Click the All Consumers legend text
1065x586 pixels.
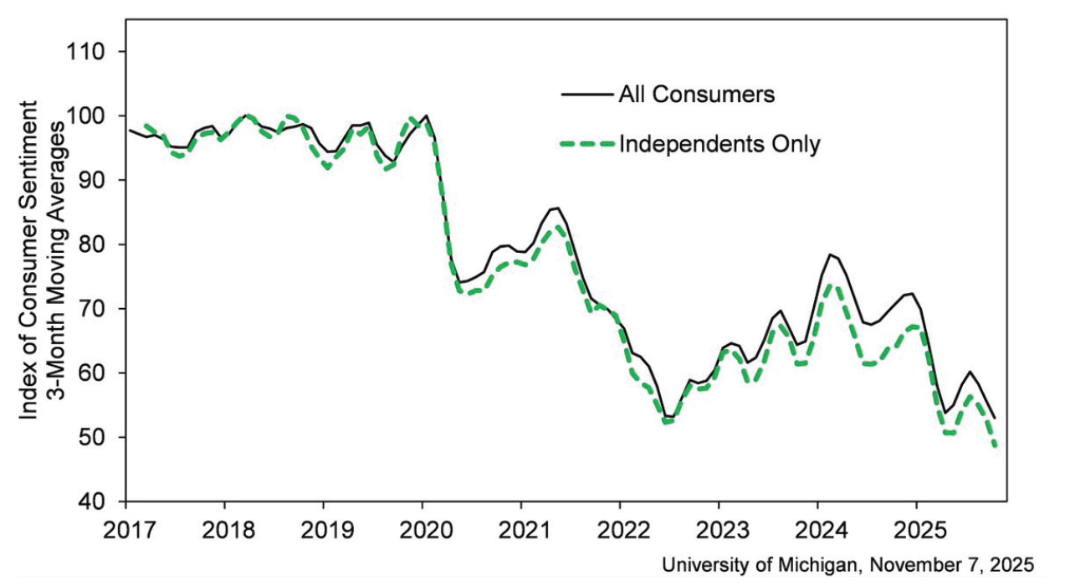pos(696,94)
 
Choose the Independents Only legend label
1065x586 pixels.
pos(719,144)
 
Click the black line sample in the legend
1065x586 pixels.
pos(585,94)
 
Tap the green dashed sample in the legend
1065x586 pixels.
pos(585,144)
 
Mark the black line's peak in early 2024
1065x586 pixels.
pos(830,254)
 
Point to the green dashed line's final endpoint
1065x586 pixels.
pos(996,446)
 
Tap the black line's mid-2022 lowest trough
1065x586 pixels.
pos(669,417)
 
